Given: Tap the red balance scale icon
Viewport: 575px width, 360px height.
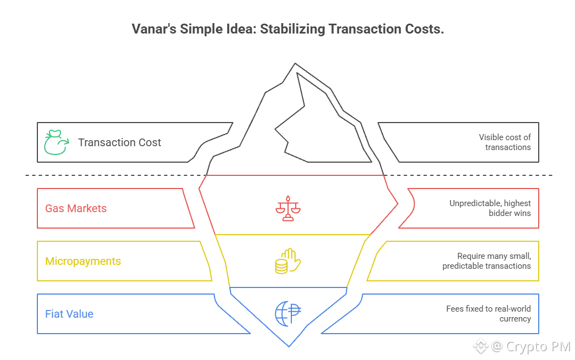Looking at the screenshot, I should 289,208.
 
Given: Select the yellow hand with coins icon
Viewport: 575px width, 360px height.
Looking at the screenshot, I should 288,261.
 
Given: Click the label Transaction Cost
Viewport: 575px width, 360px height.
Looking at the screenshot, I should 119,143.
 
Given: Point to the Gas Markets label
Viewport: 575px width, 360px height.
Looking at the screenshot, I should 76,209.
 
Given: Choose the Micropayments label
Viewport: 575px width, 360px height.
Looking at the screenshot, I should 83,261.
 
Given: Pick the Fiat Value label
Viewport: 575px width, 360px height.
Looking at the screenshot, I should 69,314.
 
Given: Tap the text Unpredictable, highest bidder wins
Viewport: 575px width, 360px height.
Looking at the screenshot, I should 490,208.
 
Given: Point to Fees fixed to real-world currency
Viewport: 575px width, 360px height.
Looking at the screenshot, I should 489,314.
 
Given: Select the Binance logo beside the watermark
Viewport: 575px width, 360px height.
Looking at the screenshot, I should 481,347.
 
